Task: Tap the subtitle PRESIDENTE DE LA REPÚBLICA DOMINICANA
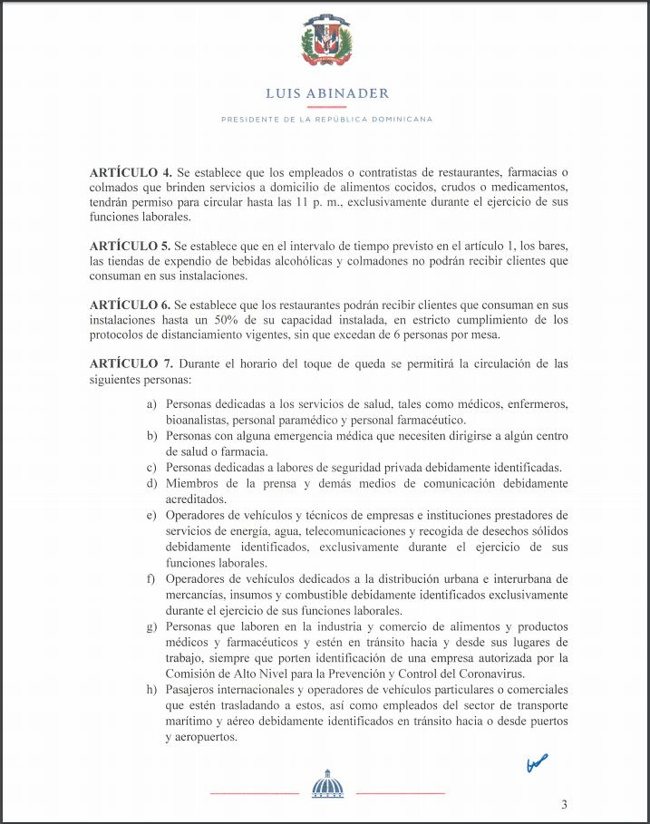pyautogui.click(x=326, y=120)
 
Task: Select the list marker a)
pyautogui.click(x=152, y=405)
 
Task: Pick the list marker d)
pyautogui.click(x=152, y=483)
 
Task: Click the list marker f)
pyautogui.click(x=152, y=578)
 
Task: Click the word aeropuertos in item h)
pyautogui.click(x=201, y=737)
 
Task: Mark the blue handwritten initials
pyautogui.click(x=537, y=764)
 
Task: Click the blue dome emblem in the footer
pyautogui.click(x=326, y=784)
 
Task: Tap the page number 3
pyautogui.click(x=564, y=804)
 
